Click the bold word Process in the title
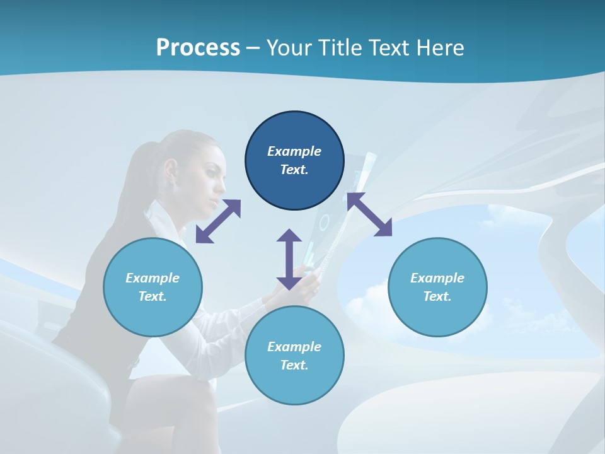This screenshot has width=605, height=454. [x=198, y=48]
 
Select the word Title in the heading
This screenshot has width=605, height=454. [x=341, y=48]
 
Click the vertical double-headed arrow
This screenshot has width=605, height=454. [x=289, y=259]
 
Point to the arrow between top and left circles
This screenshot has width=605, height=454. [x=218, y=221]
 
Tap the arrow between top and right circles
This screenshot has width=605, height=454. [x=369, y=214]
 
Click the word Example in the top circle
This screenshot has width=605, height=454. [x=294, y=151]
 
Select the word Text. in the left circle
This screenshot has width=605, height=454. [x=153, y=296]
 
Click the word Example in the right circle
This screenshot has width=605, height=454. [x=437, y=278]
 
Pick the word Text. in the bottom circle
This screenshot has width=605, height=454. [x=294, y=365]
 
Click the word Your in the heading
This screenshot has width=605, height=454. [x=290, y=48]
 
